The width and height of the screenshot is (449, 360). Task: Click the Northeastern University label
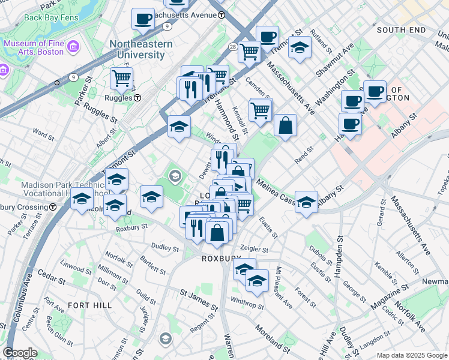pyautogui.click(x=141, y=50)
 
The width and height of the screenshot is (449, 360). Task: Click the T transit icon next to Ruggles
pyautogui.click(x=137, y=98)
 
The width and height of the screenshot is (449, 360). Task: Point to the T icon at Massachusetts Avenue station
pyautogui.click(x=221, y=14)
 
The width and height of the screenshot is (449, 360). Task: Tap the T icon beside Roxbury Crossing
pyautogui.click(x=53, y=207)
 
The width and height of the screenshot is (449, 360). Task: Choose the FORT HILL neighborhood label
pyautogui.click(x=89, y=305)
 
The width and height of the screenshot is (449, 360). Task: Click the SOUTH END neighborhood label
pyautogui.click(x=401, y=29)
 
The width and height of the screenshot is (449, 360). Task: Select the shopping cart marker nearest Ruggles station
pyautogui.click(x=122, y=77)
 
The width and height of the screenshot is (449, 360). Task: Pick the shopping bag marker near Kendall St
pyautogui.click(x=286, y=125)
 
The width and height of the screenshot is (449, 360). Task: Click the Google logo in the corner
pyautogui.click(x=20, y=353)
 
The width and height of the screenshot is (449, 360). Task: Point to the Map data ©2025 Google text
pyautogui.click(x=411, y=355)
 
